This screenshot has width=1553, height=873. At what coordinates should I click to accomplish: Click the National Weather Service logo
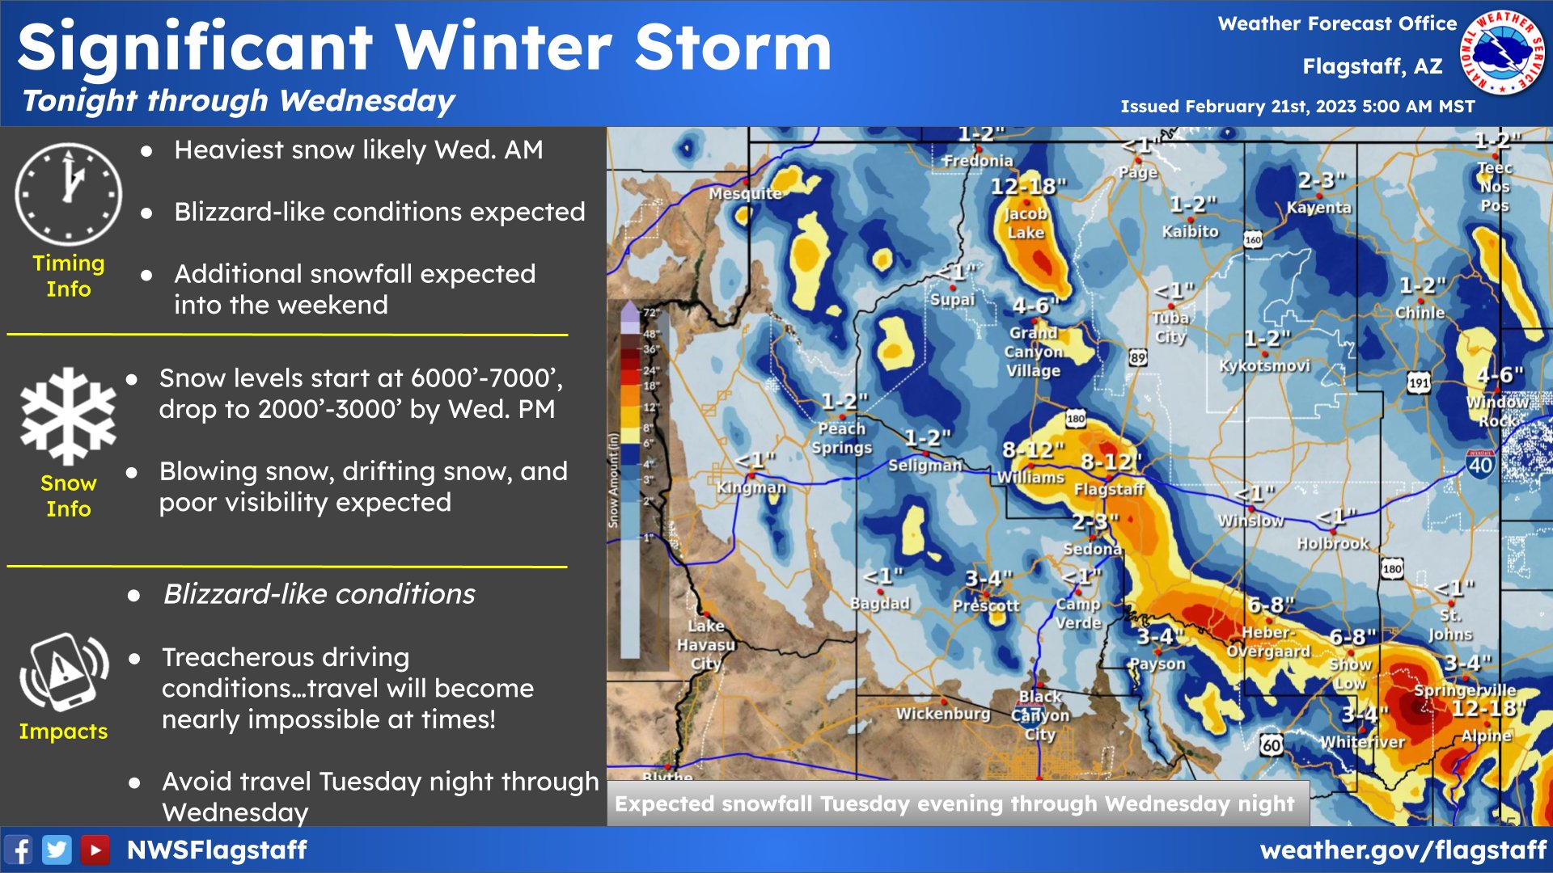(x=1502, y=53)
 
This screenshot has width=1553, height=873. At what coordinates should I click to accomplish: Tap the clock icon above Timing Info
(x=69, y=194)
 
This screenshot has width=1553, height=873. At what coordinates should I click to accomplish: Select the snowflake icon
(x=69, y=416)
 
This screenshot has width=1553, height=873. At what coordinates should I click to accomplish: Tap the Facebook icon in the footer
(x=19, y=850)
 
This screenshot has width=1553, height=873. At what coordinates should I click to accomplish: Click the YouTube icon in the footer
(x=95, y=850)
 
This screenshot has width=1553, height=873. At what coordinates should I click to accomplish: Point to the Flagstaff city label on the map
(x=1109, y=489)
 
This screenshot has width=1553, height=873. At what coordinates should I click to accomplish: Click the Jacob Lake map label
(x=1026, y=223)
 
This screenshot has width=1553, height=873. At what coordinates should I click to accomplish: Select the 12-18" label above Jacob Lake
(x=1028, y=187)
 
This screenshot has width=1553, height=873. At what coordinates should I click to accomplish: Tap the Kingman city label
(x=751, y=487)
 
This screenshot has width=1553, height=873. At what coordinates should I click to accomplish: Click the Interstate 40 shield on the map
(x=1480, y=464)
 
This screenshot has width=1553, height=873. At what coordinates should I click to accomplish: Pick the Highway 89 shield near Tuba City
(x=1138, y=357)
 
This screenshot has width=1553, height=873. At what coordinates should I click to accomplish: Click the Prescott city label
(x=986, y=605)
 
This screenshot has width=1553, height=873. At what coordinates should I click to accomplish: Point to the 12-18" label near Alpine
(x=1487, y=709)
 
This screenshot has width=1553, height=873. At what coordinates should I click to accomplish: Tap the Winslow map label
(x=1250, y=521)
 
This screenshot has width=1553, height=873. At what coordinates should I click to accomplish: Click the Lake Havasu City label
(x=706, y=644)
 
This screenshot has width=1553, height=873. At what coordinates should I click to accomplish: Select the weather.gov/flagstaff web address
(x=1403, y=850)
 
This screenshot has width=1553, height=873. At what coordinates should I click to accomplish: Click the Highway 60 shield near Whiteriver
(x=1271, y=744)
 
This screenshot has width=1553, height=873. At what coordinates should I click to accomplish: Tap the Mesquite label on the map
(x=745, y=193)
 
